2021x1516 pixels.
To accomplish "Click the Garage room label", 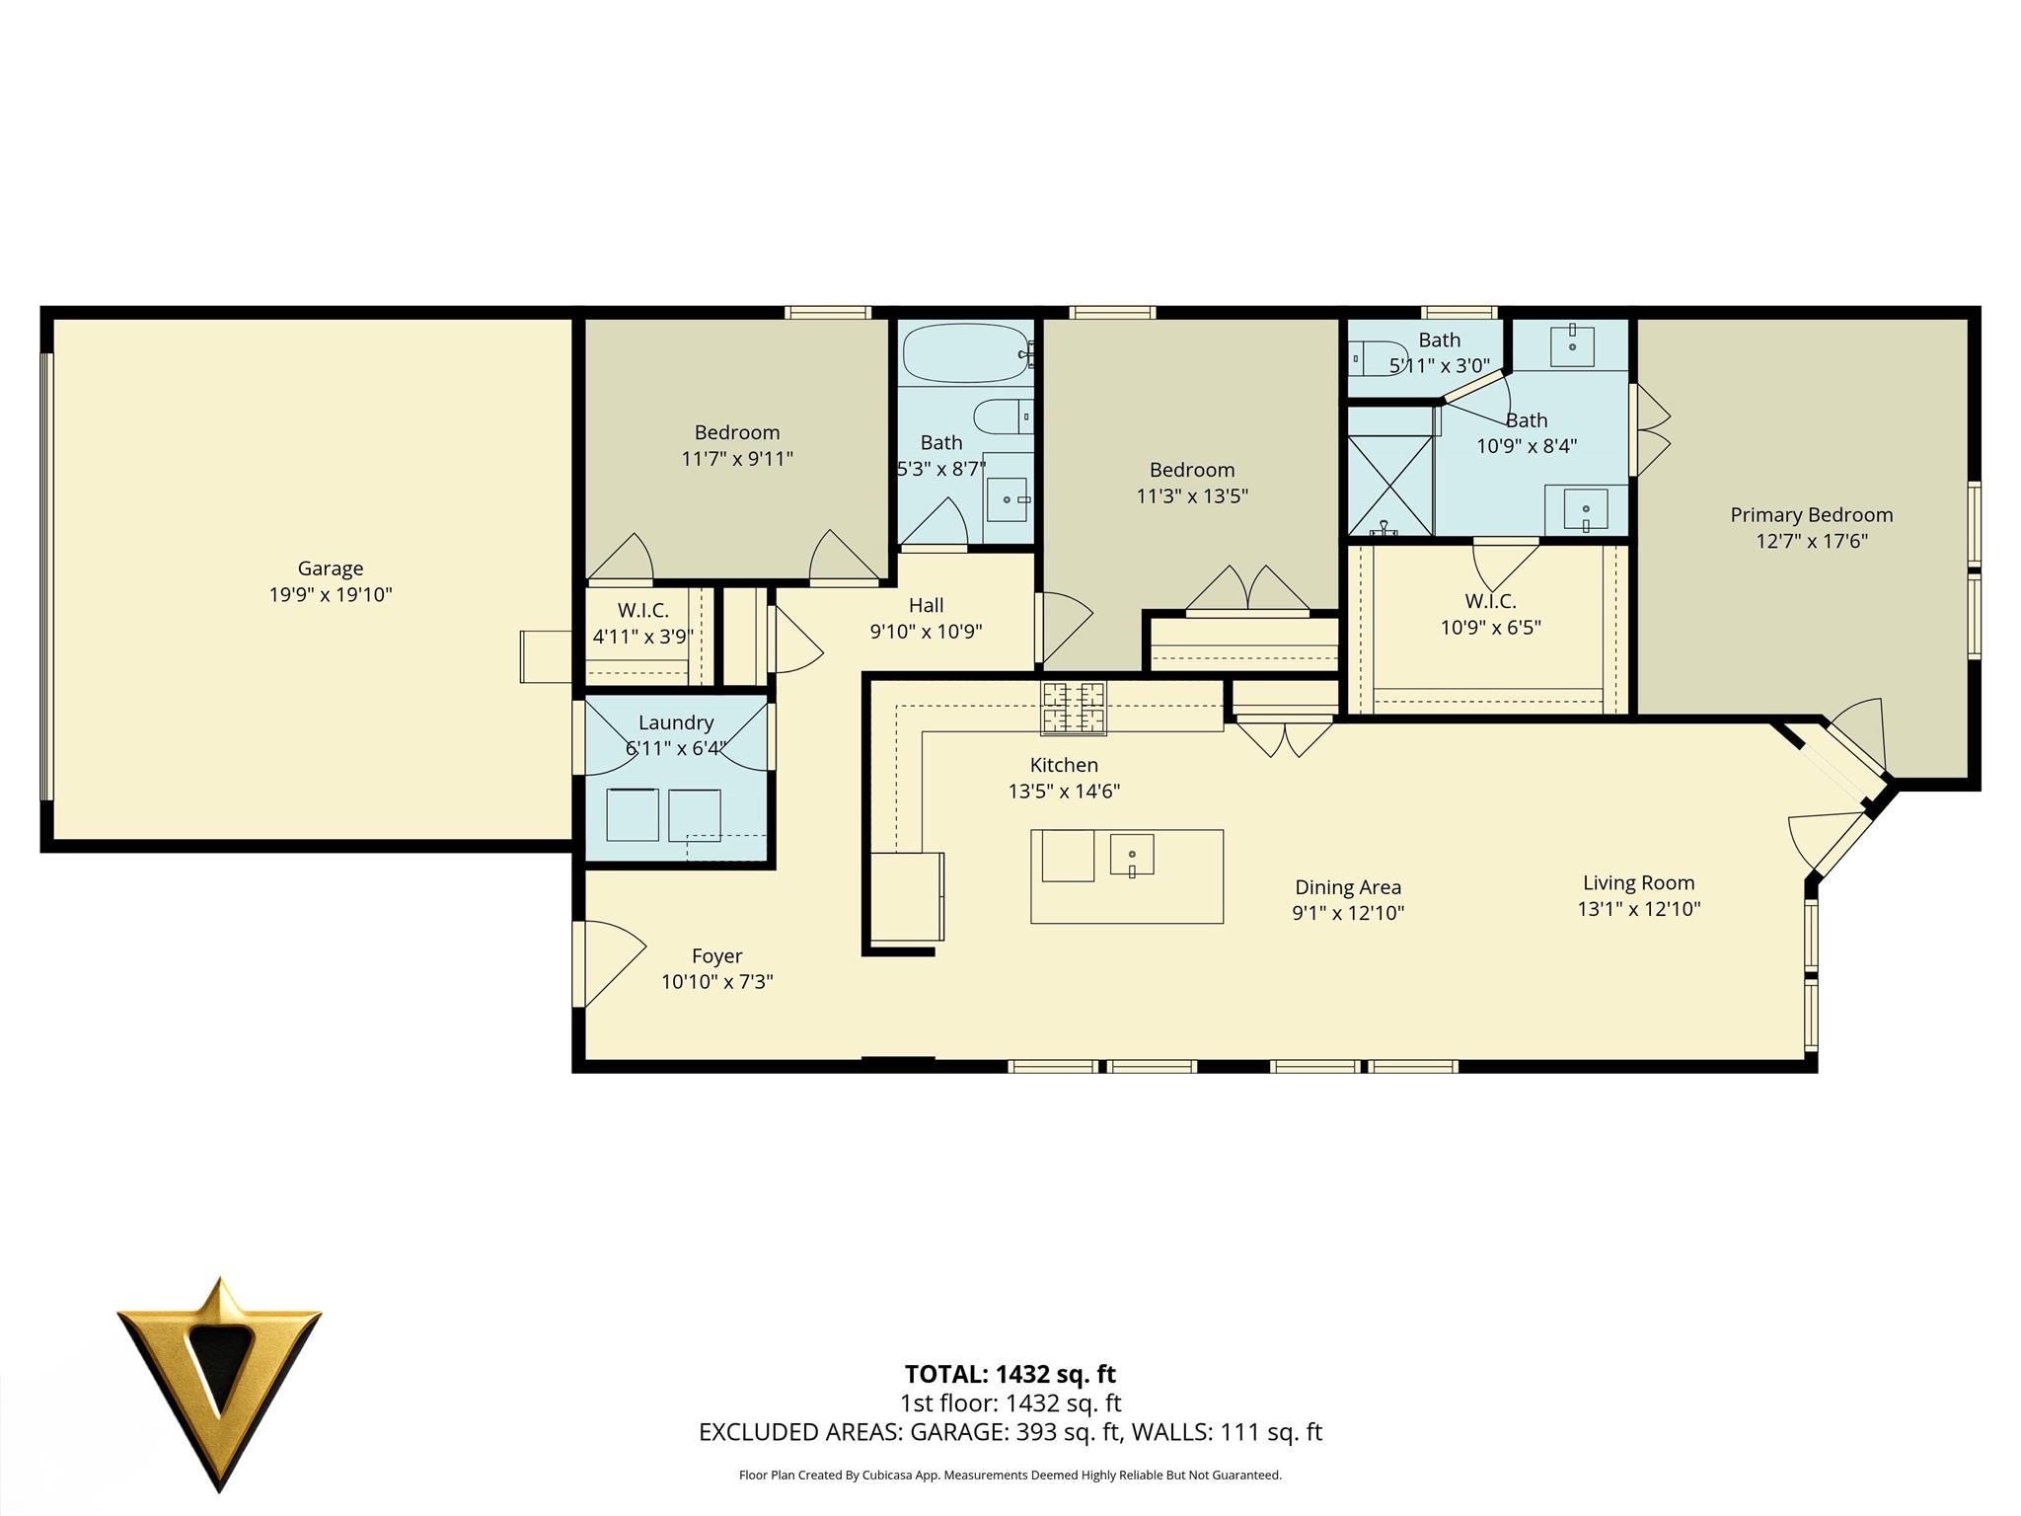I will [331, 568].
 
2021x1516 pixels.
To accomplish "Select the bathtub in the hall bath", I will [964, 352].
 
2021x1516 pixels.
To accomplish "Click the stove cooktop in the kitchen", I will [1073, 708].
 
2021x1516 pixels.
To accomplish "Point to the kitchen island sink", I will [1132, 855].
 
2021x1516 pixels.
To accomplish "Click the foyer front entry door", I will [609, 962].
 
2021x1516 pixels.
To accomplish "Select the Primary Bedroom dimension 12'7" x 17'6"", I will [1811, 541].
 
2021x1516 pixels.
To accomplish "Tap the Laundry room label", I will [675, 722].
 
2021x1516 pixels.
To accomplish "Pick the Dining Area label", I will [1348, 887].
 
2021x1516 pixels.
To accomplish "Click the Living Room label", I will [1638, 883].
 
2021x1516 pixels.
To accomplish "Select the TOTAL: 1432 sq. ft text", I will [1010, 1374].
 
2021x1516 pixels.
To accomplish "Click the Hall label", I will [926, 605].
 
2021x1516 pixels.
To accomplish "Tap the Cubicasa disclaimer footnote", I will [1010, 1476].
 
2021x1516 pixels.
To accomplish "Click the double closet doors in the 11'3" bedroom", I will [1248, 589].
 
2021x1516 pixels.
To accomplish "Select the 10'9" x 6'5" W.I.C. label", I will [1490, 614].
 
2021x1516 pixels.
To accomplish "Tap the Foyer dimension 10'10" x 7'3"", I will [716, 982].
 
